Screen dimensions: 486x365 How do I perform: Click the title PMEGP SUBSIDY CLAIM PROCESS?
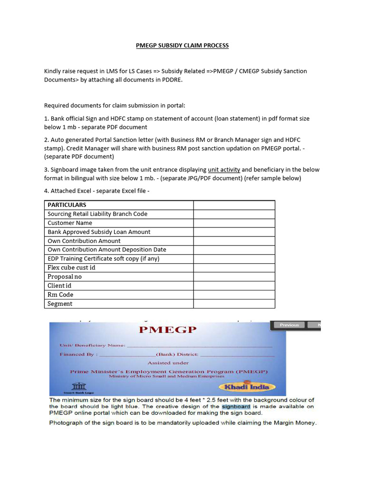tap(182, 46)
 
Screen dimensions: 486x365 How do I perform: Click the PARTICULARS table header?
tap(67, 205)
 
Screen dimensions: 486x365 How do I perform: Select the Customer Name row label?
tap(70, 223)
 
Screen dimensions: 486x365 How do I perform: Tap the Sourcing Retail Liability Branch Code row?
tap(97, 214)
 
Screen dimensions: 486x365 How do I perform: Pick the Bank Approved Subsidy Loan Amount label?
tap(99, 232)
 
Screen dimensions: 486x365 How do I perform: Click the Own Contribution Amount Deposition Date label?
tap(106, 250)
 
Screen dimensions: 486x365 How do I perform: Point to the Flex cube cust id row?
tap(71, 268)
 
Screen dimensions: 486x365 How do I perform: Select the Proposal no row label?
tap(65, 277)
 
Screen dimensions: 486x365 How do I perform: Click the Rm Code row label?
tap(60, 295)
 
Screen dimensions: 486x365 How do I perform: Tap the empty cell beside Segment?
tap(234, 304)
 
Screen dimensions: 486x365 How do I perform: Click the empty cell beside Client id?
tap(234, 286)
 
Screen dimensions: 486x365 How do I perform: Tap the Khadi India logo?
tap(253, 386)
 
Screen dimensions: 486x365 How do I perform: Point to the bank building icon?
tap(77, 385)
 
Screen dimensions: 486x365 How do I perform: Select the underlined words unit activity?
tap(224, 169)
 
